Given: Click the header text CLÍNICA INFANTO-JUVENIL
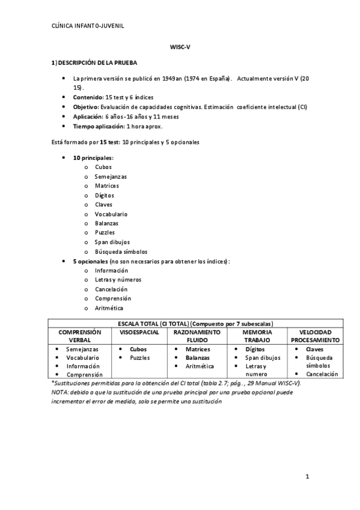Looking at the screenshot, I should (88, 26).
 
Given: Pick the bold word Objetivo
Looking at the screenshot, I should (85, 106).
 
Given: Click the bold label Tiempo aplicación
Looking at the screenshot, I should (98, 126).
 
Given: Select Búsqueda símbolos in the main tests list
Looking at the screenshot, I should (121, 251).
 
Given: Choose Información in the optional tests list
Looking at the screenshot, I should (111, 270).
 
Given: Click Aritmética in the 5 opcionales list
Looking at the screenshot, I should (109, 308).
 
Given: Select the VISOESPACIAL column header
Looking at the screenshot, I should (139, 332).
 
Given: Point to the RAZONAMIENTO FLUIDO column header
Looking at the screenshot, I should (197, 336).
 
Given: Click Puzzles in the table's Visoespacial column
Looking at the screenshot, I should (139, 357).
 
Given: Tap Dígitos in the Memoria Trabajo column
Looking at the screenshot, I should (255, 349).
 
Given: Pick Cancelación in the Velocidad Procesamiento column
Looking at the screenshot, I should (322, 373).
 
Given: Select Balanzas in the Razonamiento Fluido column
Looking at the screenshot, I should (198, 357).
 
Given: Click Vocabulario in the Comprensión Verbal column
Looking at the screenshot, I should (83, 357).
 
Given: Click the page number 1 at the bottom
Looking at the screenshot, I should (307, 478).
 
